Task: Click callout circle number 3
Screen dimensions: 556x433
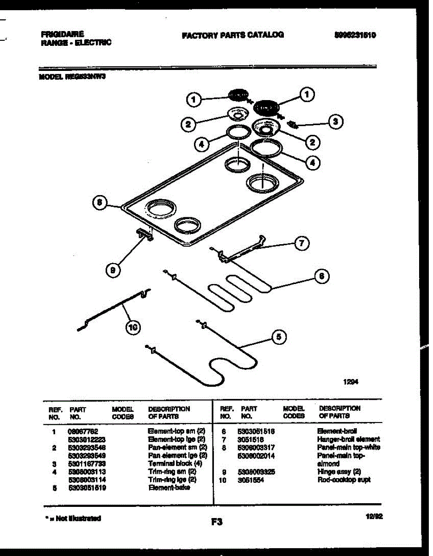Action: [x=335, y=122]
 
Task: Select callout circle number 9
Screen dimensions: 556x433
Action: [x=113, y=271]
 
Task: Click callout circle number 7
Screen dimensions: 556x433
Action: [x=302, y=243]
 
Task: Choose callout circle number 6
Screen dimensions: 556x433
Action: [x=322, y=277]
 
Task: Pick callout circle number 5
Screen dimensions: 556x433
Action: [x=278, y=337]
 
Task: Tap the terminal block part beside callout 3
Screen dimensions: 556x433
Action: [x=293, y=124]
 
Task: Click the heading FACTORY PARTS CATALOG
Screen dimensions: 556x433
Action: [x=233, y=35]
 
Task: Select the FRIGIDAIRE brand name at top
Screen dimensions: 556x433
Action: [x=63, y=34]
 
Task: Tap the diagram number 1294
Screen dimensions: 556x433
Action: [x=351, y=382]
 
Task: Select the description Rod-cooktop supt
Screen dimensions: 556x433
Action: [x=344, y=480]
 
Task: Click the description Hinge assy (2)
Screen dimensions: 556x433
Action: [x=339, y=472]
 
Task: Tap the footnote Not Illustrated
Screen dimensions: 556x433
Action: [x=74, y=518]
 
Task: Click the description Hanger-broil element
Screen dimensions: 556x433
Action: [x=348, y=439]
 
